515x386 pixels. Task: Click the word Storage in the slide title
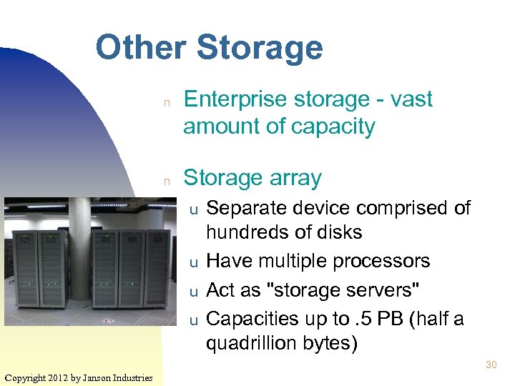(259, 49)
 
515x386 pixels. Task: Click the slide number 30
(491, 365)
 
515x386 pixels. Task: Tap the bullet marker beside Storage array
(166, 180)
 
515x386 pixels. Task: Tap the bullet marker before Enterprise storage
(166, 102)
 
